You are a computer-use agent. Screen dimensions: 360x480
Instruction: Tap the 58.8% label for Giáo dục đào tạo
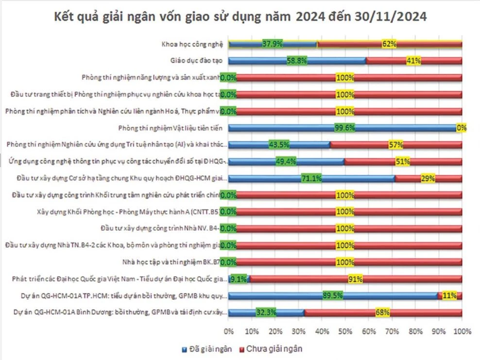(298, 61)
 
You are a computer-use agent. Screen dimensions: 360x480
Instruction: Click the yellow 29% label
(428, 178)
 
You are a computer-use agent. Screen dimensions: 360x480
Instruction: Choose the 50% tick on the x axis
(345, 332)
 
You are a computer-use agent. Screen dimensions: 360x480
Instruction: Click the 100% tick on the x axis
(462, 332)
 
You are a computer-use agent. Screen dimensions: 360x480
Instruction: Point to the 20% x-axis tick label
(275, 332)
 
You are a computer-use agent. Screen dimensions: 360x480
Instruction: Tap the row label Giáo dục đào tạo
(194, 61)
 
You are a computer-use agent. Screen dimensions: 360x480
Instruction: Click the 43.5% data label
(279, 145)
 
